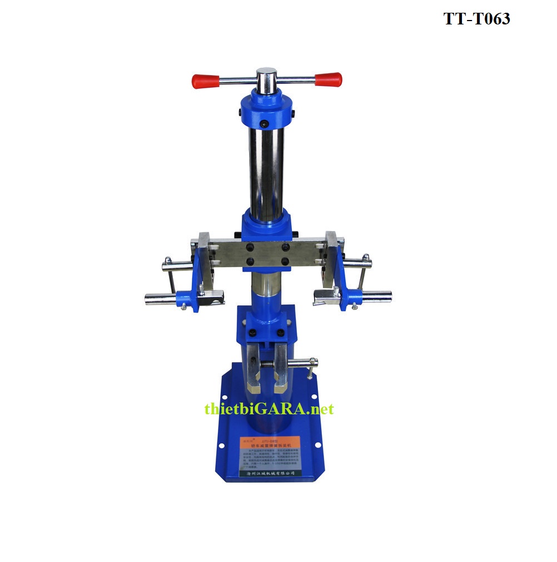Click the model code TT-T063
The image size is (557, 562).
[476, 19]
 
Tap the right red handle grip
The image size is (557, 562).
[329, 79]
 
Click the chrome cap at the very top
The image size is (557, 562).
[266, 76]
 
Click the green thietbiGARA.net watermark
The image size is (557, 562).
[269, 409]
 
